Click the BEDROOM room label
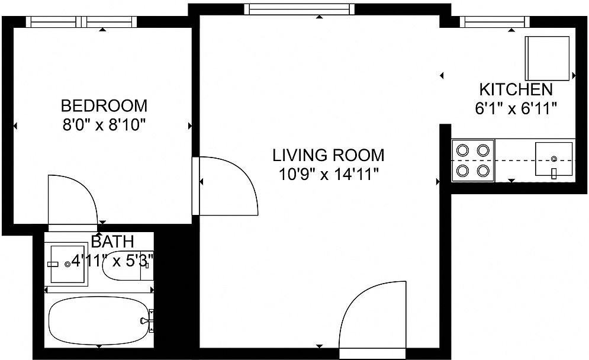coord(104,105)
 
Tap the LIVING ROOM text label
coord(329,155)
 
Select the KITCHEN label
coord(516,89)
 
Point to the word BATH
coord(112,241)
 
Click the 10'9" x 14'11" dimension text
coord(329,174)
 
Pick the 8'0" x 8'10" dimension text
coord(104,124)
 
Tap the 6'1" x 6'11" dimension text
coord(516,108)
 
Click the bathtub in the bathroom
coord(99,320)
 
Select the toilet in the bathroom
coord(128,265)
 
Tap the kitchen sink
coord(553,159)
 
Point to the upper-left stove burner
coord(462,150)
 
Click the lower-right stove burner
coord(483,171)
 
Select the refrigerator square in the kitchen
coord(547,58)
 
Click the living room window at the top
coord(300,9)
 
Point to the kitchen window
coord(495,22)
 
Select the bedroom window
coord(82,22)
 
